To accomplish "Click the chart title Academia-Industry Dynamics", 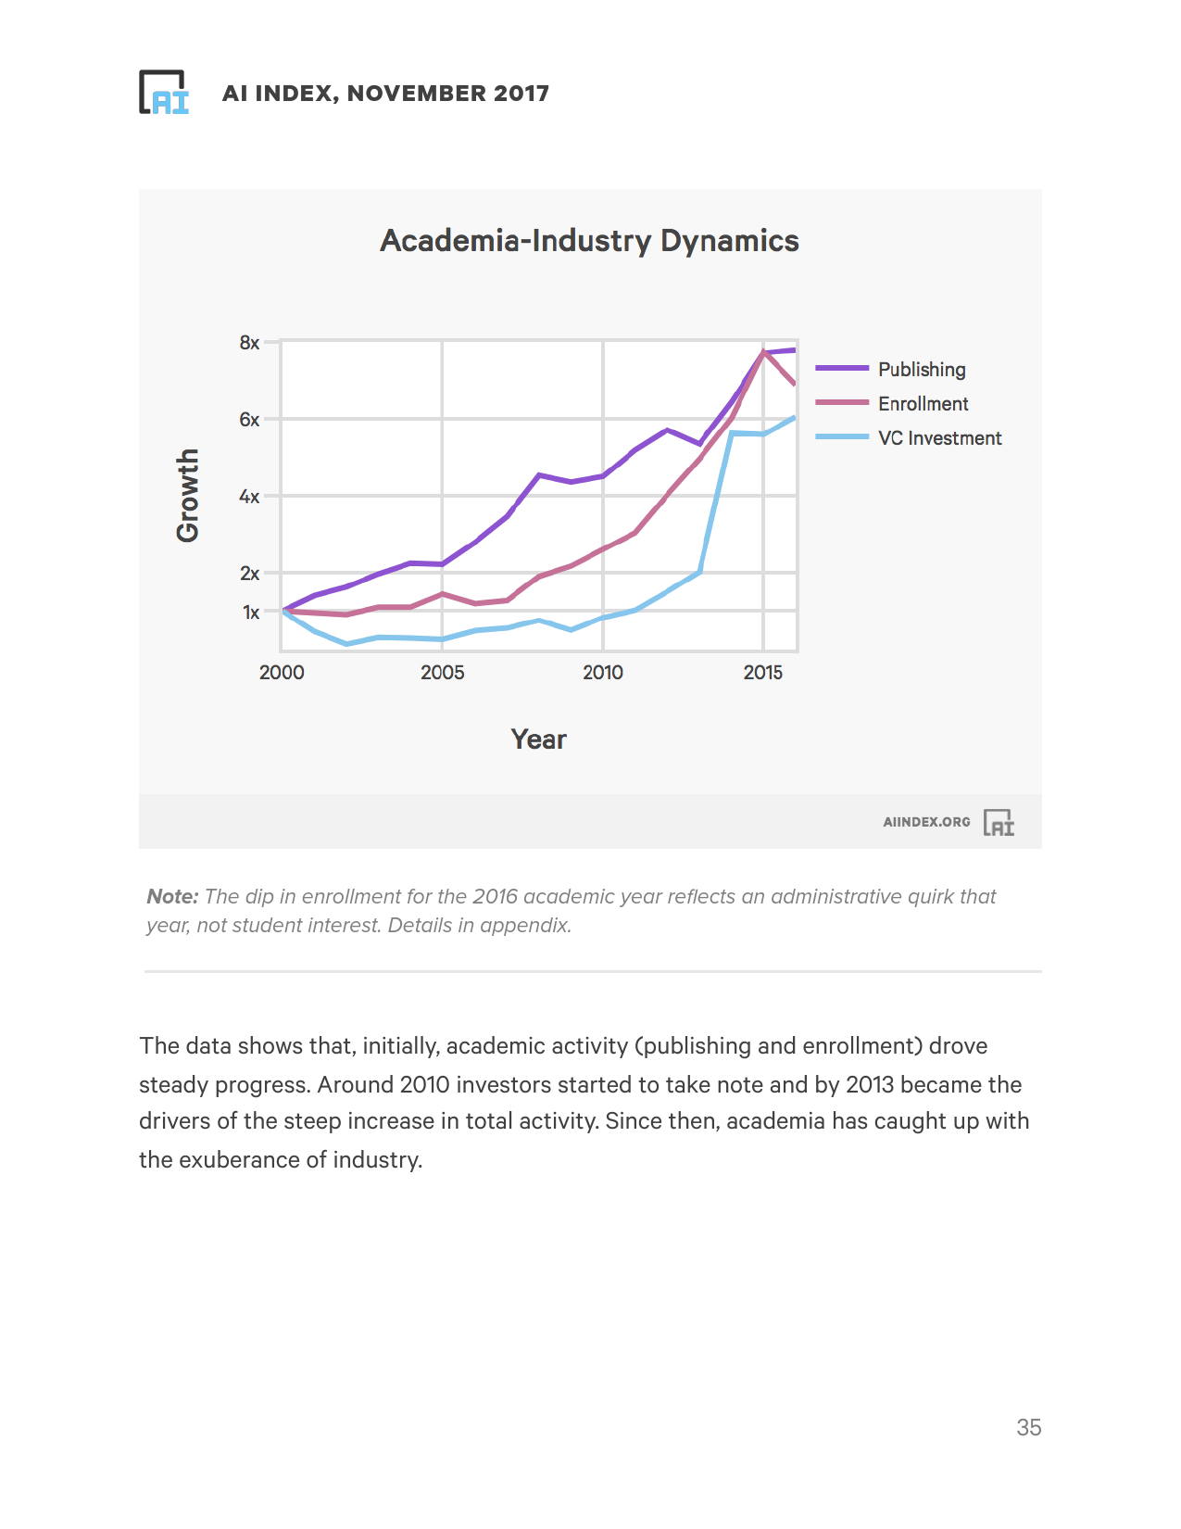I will point(589,241).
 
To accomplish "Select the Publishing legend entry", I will point(921,370).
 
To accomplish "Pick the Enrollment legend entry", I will point(923,404).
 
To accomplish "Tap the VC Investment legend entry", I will point(939,438).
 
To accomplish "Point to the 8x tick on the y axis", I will point(249,343).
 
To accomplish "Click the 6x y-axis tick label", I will point(249,420).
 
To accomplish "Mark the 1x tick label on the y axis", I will point(251,613).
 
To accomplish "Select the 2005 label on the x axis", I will point(442,673).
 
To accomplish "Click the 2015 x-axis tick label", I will point(762,673).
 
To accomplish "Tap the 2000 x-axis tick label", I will point(282,673).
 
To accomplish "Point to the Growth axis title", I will point(188,495).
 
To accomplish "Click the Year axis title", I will point(538,739).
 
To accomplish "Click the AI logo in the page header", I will point(164,93).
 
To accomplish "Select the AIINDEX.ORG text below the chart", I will point(926,822).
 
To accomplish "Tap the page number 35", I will point(1028,1428).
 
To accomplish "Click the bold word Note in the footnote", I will point(172,897).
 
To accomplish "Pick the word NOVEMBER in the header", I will point(416,94).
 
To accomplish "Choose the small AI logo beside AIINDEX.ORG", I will point(999,823).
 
